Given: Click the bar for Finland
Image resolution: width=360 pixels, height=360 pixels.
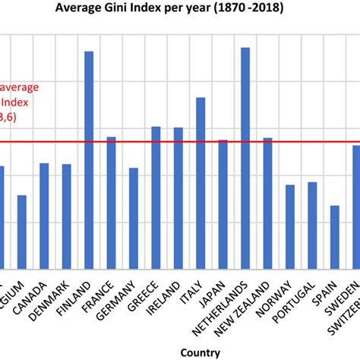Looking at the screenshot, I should pyautogui.click(x=89, y=159).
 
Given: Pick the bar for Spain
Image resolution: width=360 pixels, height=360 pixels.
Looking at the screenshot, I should pyautogui.click(x=334, y=236).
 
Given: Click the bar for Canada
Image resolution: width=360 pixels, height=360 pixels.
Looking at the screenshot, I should pyautogui.click(x=44, y=216).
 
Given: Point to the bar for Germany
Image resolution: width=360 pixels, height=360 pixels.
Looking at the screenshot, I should pyautogui.click(x=134, y=218).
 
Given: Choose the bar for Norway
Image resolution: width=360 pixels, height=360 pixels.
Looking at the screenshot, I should pyautogui.click(x=290, y=226).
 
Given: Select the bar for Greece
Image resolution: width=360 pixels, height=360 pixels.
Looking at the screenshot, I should pyautogui.click(x=156, y=197).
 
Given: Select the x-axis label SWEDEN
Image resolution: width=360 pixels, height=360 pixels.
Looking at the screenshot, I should pyautogui.click(x=346, y=297).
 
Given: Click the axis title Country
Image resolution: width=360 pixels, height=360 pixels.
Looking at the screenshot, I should pyautogui.click(x=201, y=352).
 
